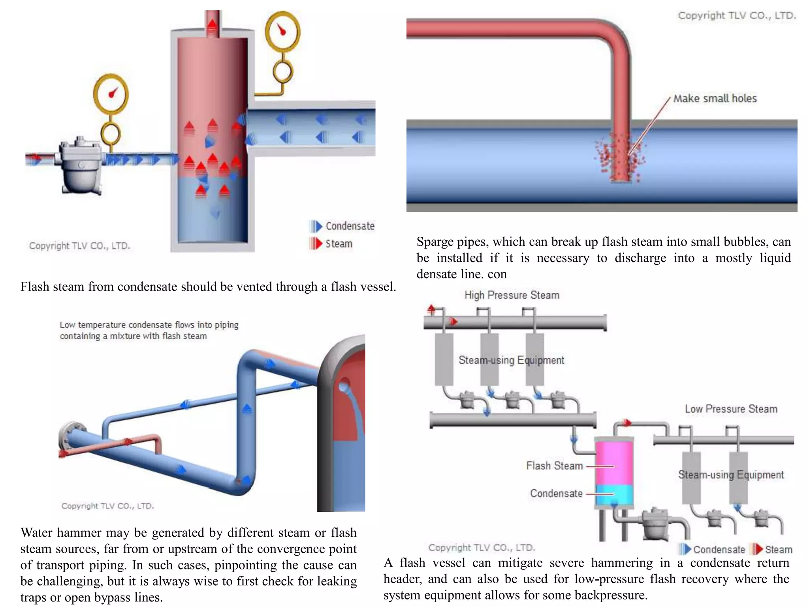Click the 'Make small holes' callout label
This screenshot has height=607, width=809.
(715, 98)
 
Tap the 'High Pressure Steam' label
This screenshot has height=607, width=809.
(512, 295)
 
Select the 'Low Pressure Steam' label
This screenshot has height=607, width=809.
(731, 409)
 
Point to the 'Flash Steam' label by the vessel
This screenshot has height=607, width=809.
(554, 466)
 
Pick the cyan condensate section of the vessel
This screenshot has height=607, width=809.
(614, 494)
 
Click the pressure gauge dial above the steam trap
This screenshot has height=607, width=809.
(111, 94)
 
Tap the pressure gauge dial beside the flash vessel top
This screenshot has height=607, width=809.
(282, 32)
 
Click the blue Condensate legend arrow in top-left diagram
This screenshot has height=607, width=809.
(316, 226)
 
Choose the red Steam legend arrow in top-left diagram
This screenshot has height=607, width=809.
(316, 243)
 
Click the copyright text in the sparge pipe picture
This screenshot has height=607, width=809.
(737, 15)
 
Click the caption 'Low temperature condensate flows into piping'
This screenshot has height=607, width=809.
(149, 325)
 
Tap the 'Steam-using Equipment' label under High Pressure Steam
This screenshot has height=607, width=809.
(511, 360)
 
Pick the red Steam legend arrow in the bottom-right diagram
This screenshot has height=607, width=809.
(757, 549)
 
